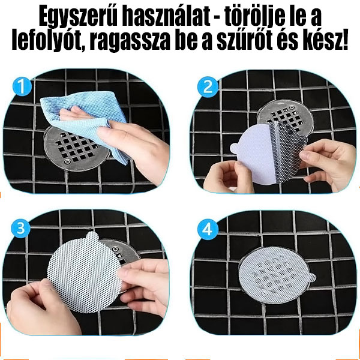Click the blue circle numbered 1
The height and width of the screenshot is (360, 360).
[22, 86]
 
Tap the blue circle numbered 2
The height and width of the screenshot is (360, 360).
[208, 87]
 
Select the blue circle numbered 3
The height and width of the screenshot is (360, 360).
[20, 229]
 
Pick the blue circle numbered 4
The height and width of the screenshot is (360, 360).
[208, 229]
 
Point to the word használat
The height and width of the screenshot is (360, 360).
[166, 17]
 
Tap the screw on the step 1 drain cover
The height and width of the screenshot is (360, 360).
[67, 161]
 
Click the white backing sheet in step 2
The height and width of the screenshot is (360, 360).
[255, 154]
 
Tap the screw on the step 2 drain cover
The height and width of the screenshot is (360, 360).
[292, 107]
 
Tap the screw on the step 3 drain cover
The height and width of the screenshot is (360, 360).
[115, 249]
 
